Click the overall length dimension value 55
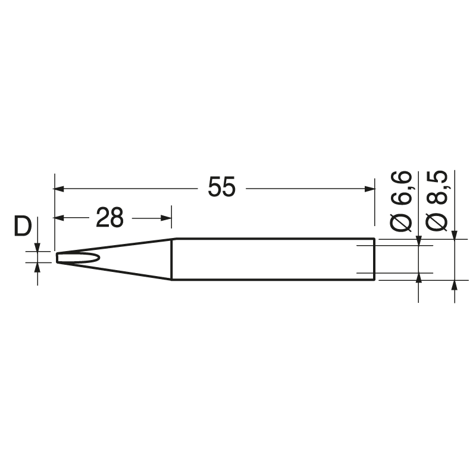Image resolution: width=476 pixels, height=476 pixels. pos(222,188)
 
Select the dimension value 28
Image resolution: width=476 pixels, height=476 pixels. pos(109,218)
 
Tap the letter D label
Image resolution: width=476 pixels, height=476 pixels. pos(23,227)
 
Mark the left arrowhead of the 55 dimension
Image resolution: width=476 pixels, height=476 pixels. pos(59,189)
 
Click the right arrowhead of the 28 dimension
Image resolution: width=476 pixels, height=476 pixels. pos(167,218)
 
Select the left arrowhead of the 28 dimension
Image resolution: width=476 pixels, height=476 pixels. pos(59,218)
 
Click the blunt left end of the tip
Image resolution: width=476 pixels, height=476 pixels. pos(57,258)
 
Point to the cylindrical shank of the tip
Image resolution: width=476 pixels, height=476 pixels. pos(274,259)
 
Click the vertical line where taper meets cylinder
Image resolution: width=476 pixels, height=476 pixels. pos(172,259)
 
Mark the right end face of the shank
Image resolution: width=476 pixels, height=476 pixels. pos(374,259)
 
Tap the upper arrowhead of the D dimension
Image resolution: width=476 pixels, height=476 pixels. pos(37,248)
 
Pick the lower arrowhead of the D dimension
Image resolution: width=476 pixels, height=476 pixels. pos(37,268)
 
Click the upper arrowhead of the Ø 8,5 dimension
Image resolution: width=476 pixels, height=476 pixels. pos(455,234)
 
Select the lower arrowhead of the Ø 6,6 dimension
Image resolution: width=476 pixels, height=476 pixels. pos(419,279)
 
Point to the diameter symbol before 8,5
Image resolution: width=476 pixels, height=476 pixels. pos(437,221)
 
